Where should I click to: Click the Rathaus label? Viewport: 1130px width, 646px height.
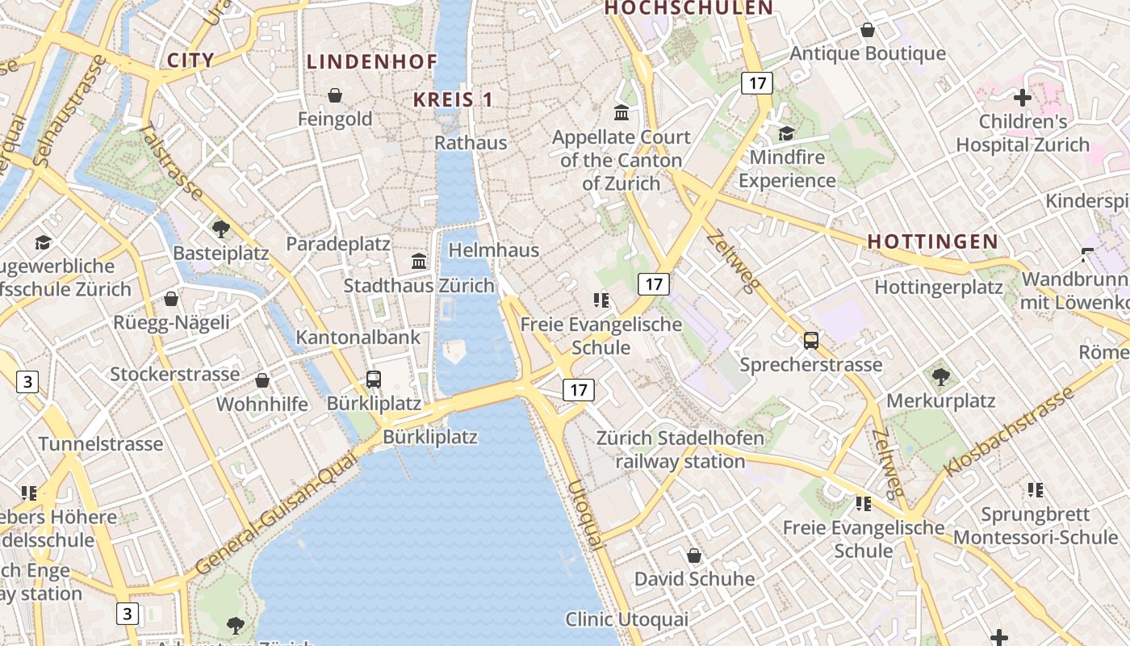click(471, 143)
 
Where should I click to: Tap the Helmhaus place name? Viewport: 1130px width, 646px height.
click(493, 250)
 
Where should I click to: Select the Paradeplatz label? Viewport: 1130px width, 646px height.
click(338, 244)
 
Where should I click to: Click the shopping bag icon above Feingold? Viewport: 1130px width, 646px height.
click(335, 95)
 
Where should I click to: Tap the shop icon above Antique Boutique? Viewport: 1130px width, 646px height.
click(868, 30)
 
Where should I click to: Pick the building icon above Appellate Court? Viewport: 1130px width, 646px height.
click(621, 112)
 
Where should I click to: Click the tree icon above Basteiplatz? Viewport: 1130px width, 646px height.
click(220, 229)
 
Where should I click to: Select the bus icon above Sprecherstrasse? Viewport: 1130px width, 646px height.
click(811, 341)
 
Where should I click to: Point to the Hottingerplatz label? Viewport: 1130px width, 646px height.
click(939, 287)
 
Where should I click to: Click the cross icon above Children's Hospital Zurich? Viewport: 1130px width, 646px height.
click(1023, 99)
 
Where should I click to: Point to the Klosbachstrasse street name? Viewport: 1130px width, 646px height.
click(1009, 432)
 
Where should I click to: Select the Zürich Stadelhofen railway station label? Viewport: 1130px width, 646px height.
click(680, 450)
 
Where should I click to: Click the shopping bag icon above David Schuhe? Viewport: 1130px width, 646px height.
click(694, 556)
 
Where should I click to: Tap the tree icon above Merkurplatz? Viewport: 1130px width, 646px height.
click(940, 376)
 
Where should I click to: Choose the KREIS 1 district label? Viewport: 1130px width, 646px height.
click(453, 99)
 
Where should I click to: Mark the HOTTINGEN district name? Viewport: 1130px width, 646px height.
click(933, 241)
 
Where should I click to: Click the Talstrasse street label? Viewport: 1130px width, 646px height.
click(170, 161)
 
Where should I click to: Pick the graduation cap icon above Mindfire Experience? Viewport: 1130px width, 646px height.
click(786, 133)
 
